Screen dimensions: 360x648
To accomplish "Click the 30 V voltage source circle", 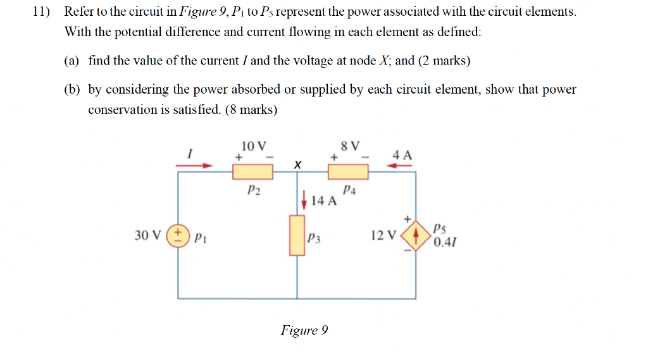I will point(178,236).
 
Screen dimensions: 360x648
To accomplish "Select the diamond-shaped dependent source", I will point(415,237).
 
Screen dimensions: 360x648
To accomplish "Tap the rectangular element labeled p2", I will point(253,171).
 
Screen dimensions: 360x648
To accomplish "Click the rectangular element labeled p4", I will point(347,171).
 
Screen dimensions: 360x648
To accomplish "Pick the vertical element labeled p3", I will point(297,235).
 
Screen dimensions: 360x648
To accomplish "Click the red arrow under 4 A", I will point(400,166).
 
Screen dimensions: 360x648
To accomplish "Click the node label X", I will point(297,164).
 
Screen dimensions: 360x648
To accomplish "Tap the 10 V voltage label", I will point(254,146).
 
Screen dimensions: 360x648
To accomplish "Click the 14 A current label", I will point(324,201).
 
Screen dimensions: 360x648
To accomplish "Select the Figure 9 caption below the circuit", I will point(304,330).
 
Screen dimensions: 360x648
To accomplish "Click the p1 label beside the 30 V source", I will point(199,238).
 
